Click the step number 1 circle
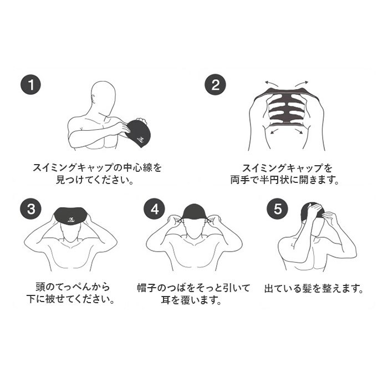30,85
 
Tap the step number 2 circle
215,85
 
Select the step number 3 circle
30,209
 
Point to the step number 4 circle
155,209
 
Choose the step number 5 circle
277,209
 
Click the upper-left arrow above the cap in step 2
271,83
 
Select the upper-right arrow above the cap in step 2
302,83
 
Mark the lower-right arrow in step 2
299,131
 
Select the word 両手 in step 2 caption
240,180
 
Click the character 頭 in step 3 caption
41,287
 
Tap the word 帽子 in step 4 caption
146,288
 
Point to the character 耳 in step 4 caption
166,300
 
